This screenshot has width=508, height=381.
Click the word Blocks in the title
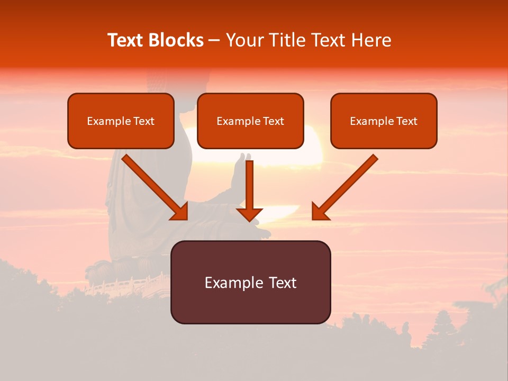point(175,40)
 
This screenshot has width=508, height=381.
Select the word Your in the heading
point(243,40)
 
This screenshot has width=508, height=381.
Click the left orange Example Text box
point(121,121)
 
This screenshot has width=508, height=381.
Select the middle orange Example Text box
point(250,121)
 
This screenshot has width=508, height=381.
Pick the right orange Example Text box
point(384,121)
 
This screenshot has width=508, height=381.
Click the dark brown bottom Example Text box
point(250,282)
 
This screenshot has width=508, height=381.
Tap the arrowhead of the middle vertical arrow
point(249,214)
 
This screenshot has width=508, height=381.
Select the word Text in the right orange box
point(406,121)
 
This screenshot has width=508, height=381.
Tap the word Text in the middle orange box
point(273,121)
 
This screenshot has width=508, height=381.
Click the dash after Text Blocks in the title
point(214,41)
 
